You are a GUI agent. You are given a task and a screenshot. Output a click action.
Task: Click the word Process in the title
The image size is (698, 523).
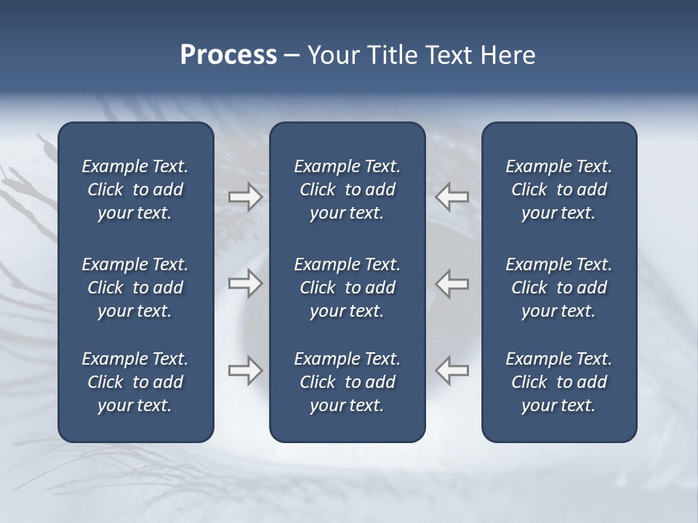coord(228,55)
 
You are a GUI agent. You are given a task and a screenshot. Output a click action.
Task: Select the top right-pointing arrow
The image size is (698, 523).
coord(246,196)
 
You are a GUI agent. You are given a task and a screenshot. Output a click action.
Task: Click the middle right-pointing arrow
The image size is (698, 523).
coord(246,283)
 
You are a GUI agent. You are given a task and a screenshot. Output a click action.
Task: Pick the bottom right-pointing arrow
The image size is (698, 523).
coord(246,370)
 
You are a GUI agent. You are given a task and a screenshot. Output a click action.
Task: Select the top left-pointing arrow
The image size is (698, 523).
coord(452,196)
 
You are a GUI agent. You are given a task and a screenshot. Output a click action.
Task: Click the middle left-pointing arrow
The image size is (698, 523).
coord(452,283)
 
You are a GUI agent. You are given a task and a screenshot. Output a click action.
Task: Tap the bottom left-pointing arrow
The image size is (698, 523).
coord(452,370)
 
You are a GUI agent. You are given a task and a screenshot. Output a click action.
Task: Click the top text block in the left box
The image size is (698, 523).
coord(135,190)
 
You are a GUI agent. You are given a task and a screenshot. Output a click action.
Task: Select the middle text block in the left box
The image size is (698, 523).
coord(135,288)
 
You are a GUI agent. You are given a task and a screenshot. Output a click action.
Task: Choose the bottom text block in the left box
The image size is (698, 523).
coord(135,382)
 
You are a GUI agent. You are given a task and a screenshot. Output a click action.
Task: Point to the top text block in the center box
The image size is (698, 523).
coord(348,190)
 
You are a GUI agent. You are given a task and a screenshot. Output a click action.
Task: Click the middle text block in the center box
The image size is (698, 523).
coord(348,288)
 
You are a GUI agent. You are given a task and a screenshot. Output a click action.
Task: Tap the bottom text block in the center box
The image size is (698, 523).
coord(348,382)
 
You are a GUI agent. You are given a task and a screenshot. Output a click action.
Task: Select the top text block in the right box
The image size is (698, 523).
coord(559,190)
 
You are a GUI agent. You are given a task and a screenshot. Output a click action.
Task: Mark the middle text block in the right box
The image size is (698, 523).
coord(559,288)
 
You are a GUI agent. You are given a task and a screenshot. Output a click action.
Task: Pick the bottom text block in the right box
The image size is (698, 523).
coord(559,382)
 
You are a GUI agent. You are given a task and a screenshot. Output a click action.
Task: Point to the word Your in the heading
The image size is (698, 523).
coord(331,55)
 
